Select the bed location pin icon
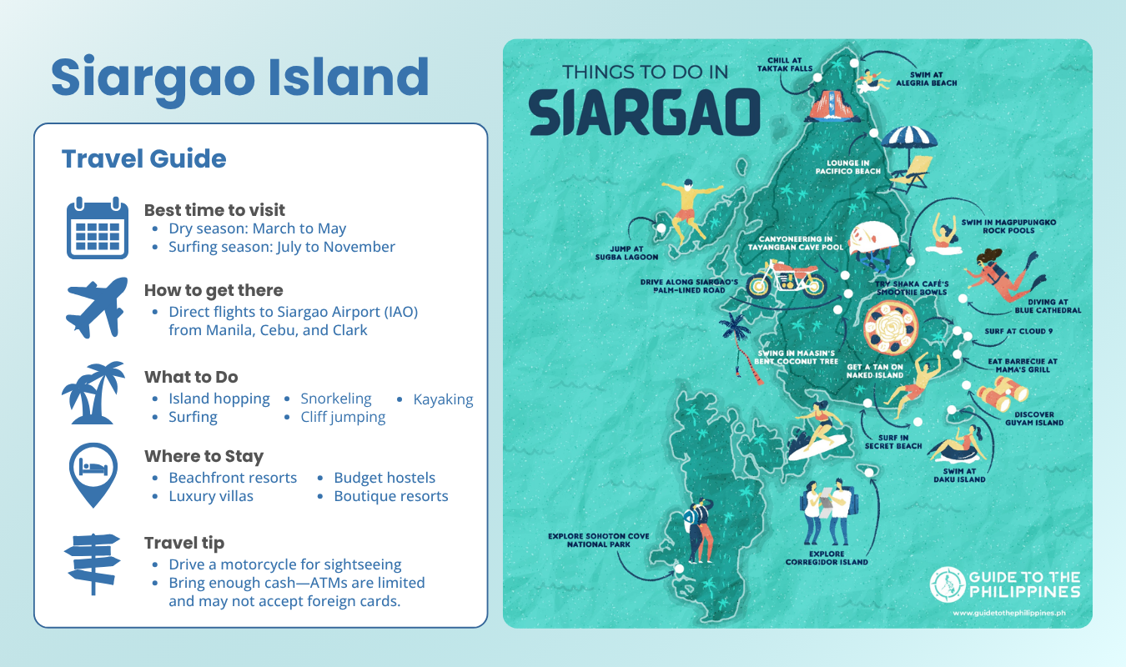pos(93,474)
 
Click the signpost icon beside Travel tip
pos(93,564)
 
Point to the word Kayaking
pos(443,399)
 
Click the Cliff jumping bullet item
pos(343,417)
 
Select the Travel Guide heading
pos(143,158)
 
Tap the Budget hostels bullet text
pos(384,478)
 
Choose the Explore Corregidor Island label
pos(826,558)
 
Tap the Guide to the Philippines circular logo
pos(946,584)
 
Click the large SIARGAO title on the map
pos(645,112)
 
